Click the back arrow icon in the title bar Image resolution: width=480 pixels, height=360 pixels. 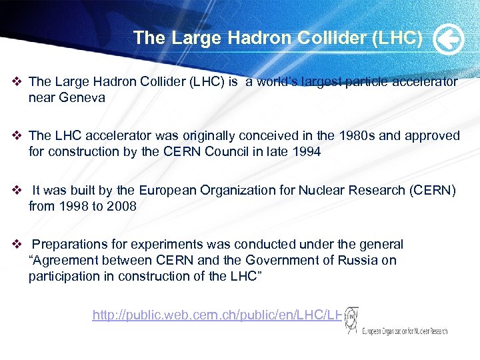point(448,39)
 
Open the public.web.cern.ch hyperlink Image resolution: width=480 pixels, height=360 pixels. point(217,315)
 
